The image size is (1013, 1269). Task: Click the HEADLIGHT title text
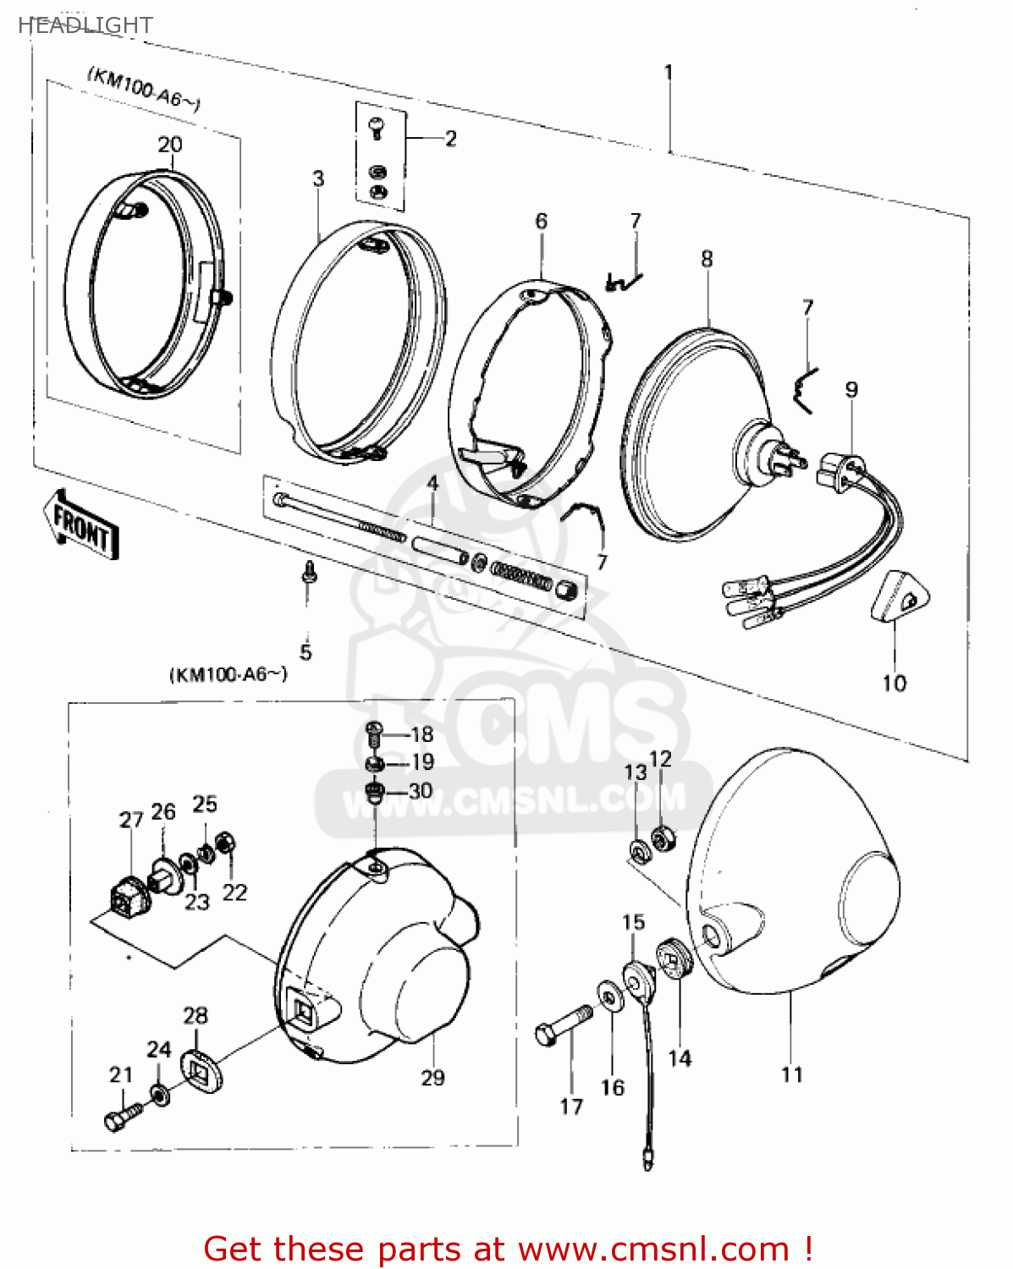tap(85, 25)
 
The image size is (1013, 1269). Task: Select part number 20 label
tap(170, 145)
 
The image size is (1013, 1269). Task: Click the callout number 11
tap(791, 1074)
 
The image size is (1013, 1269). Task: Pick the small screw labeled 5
tap(309, 573)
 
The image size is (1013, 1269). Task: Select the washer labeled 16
tap(608, 997)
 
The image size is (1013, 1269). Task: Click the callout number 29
tap(432, 1078)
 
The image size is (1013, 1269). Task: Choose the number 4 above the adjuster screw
tap(432, 484)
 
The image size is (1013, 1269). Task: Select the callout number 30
tap(421, 791)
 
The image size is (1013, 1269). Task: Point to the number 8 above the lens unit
tap(707, 259)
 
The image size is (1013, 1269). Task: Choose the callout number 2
tap(450, 138)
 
